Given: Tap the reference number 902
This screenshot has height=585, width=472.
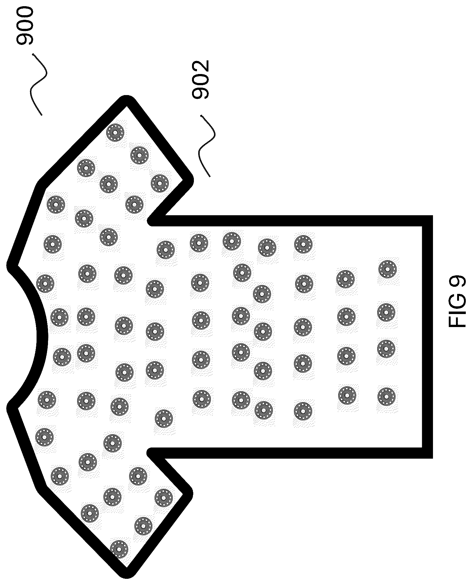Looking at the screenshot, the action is coord(200,80).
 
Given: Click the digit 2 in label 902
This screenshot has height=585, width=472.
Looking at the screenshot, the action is coord(200,66).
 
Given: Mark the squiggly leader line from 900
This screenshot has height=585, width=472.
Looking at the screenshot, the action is coord(40,84).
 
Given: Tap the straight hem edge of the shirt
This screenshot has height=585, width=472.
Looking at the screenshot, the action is coord(427,337).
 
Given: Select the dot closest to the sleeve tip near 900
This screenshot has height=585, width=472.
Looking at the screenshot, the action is coord(115,133).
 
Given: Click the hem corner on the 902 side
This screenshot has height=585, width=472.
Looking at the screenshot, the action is coord(427,220).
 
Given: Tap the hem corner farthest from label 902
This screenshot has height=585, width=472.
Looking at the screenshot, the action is coord(427,453).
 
